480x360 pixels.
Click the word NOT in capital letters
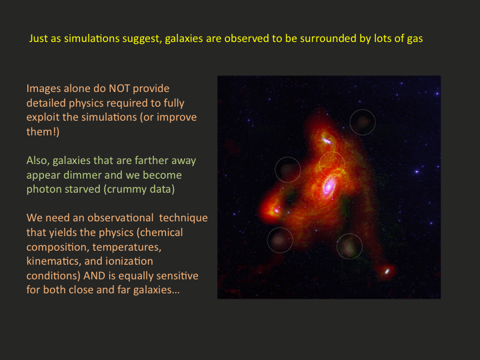point(119,89)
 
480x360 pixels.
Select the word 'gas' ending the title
point(415,39)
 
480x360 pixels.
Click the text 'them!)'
point(43,131)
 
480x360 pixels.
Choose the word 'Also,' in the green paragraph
point(38,161)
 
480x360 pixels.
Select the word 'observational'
point(120,218)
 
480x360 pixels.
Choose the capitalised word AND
point(94,276)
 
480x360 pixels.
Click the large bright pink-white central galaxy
point(329,186)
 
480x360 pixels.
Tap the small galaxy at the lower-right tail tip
point(387,271)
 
